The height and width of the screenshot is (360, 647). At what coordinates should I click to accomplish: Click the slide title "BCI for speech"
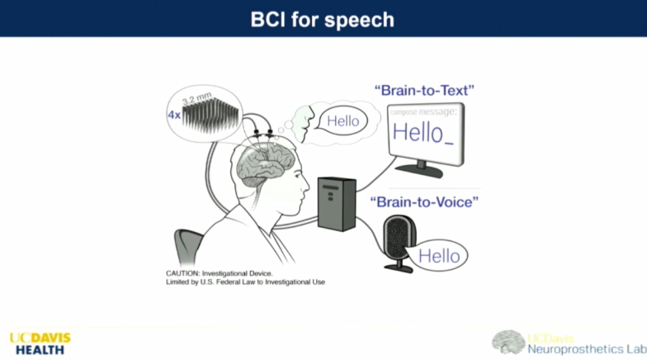point(322,20)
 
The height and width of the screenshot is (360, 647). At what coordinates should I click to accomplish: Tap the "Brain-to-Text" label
point(424,91)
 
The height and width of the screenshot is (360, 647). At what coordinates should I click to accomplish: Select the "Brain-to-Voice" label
point(424,201)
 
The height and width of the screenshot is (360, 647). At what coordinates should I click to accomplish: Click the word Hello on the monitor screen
point(418,132)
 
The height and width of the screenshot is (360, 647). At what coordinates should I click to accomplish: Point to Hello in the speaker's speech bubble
point(439,256)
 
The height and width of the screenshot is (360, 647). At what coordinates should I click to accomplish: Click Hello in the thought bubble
point(343,121)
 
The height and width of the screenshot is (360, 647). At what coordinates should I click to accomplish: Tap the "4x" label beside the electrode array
point(174,115)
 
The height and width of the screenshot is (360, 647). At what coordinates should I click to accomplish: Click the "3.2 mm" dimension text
point(196,98)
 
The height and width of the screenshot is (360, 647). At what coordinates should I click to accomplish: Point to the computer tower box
point(337,204)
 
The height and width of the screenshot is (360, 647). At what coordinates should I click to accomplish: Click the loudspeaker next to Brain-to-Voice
point(399,244)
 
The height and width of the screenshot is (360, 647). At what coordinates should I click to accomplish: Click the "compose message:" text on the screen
point(424,112)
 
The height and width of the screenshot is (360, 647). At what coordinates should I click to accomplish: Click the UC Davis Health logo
point(40,343)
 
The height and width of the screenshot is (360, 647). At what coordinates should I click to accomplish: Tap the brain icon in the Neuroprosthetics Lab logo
point(508,342)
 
